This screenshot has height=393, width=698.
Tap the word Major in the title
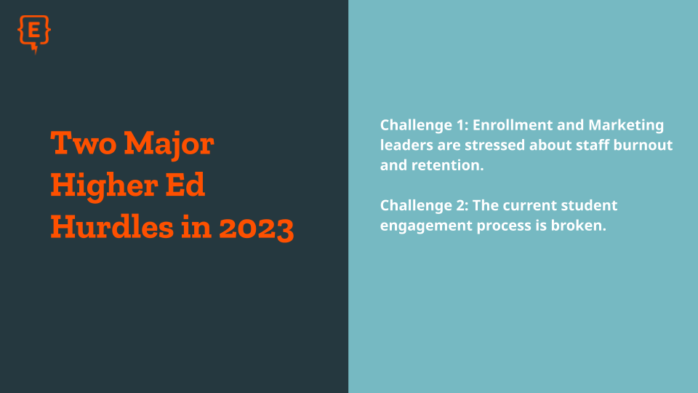tap(169, 144)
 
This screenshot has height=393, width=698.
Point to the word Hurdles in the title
tap(112, 226)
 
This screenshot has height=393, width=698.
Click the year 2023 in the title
tap(257, 228)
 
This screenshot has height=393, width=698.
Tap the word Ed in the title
tap(185, 184)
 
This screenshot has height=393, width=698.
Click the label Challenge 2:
tap(424, 206)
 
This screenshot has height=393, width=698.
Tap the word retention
tap(447, 165)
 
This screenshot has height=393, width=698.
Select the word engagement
tap(426, 226)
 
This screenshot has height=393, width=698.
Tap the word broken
tap(578, 226)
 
